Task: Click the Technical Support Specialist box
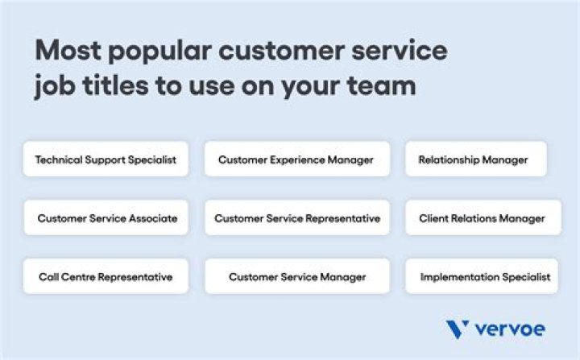point(106,159)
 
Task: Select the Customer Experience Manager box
point(296,159)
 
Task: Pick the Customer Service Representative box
point(296,218)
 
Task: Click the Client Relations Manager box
point(482,218)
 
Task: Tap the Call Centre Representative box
point(106,276)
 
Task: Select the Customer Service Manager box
point(296,276)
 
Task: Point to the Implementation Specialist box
point(482,276)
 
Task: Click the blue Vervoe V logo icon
point(457,329)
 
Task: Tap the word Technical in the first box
point(59,159)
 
